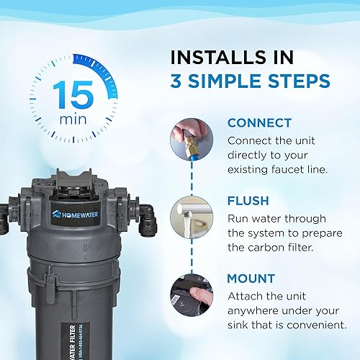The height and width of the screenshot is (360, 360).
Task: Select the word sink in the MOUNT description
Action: [240, 325]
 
